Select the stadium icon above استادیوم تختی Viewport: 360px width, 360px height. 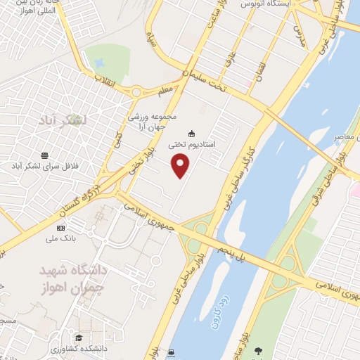click(x=191, y=133)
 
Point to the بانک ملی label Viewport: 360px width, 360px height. click(x=60, y=238)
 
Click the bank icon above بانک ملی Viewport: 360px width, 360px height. click(x=60, y=228)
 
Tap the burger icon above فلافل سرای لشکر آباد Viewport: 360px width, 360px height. click(x=45, y=155)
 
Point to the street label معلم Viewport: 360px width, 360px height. click(x=167, y=89)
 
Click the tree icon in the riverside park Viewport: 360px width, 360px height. click(x=258, y=350)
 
